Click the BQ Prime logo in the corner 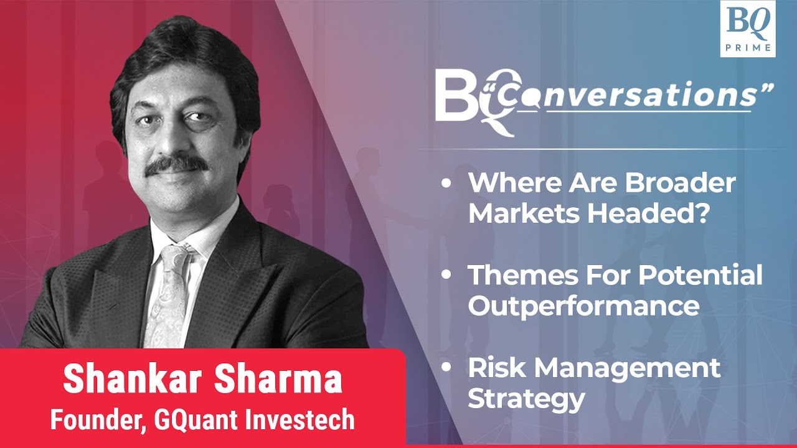coord(747,29)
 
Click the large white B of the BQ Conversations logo coord(453,97)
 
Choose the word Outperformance coord(583,305)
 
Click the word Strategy coord(526,398)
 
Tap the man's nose coord(176,140)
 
